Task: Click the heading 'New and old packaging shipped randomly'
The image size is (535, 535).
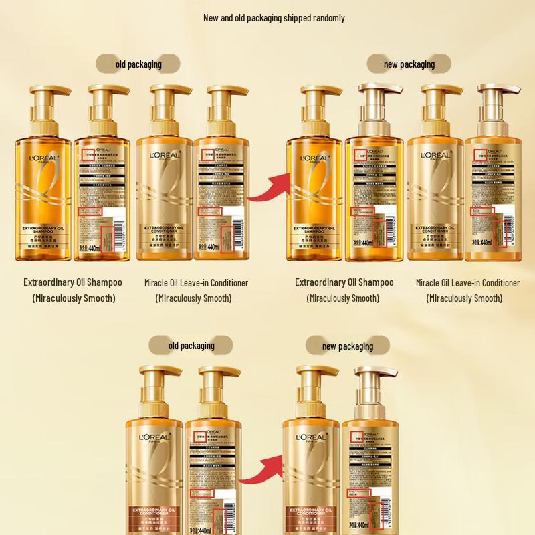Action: click(274, 18)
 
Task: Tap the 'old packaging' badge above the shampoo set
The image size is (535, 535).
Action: click(138, 64)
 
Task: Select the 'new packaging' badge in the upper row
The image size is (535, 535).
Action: click(409, 64)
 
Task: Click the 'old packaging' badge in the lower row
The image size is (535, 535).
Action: click(191, 346)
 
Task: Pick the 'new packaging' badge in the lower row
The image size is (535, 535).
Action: click(348, 346)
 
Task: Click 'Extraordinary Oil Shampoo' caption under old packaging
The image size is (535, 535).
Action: click(73, 282)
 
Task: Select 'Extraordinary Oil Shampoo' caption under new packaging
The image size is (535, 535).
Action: click(344, 282)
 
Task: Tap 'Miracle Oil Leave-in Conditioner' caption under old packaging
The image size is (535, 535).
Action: click(196, 283)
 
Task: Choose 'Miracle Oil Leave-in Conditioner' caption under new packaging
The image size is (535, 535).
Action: click(467, 283)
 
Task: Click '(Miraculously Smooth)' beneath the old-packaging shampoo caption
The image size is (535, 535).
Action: click(74, 298)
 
